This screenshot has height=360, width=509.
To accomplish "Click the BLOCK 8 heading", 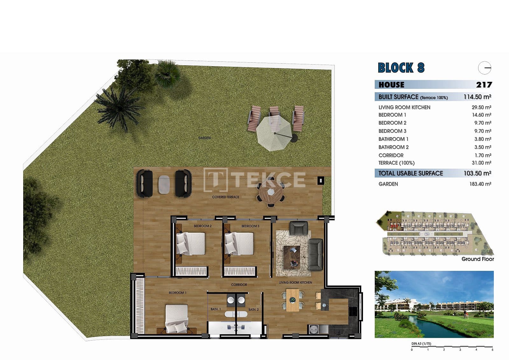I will tap(401, 68).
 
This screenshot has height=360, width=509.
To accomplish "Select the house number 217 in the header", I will tap(484, 85).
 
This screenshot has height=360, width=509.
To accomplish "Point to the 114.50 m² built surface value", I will tap(477, 97).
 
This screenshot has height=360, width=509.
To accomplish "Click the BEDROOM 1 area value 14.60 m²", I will tap(481, 115).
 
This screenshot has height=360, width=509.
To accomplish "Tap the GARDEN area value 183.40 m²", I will tap(480, 184).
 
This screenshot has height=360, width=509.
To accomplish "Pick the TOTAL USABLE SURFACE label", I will tap(410, 173).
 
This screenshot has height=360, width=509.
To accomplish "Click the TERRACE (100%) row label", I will tap(396, 163).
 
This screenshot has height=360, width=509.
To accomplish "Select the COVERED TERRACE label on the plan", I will tap(226, 197).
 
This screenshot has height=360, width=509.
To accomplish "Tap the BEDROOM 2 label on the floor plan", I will tap(203, 226).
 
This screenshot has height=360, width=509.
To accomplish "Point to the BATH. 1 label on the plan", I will tap(216, 309).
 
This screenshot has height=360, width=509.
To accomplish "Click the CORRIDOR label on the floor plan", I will tap(239, 285).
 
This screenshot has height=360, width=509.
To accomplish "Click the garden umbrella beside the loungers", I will tap(274, 133).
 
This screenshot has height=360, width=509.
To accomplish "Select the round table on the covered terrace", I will tap(270, 192).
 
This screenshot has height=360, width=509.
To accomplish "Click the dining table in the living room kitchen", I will tap(293, 300).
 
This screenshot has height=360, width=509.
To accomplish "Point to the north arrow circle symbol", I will tap(485, 68).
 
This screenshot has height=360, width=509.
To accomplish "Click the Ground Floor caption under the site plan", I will tap(478, 259).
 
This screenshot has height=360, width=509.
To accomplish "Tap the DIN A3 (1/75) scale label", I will tap(421, 343).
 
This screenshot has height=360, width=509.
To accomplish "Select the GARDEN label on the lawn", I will tap(204, 138).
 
